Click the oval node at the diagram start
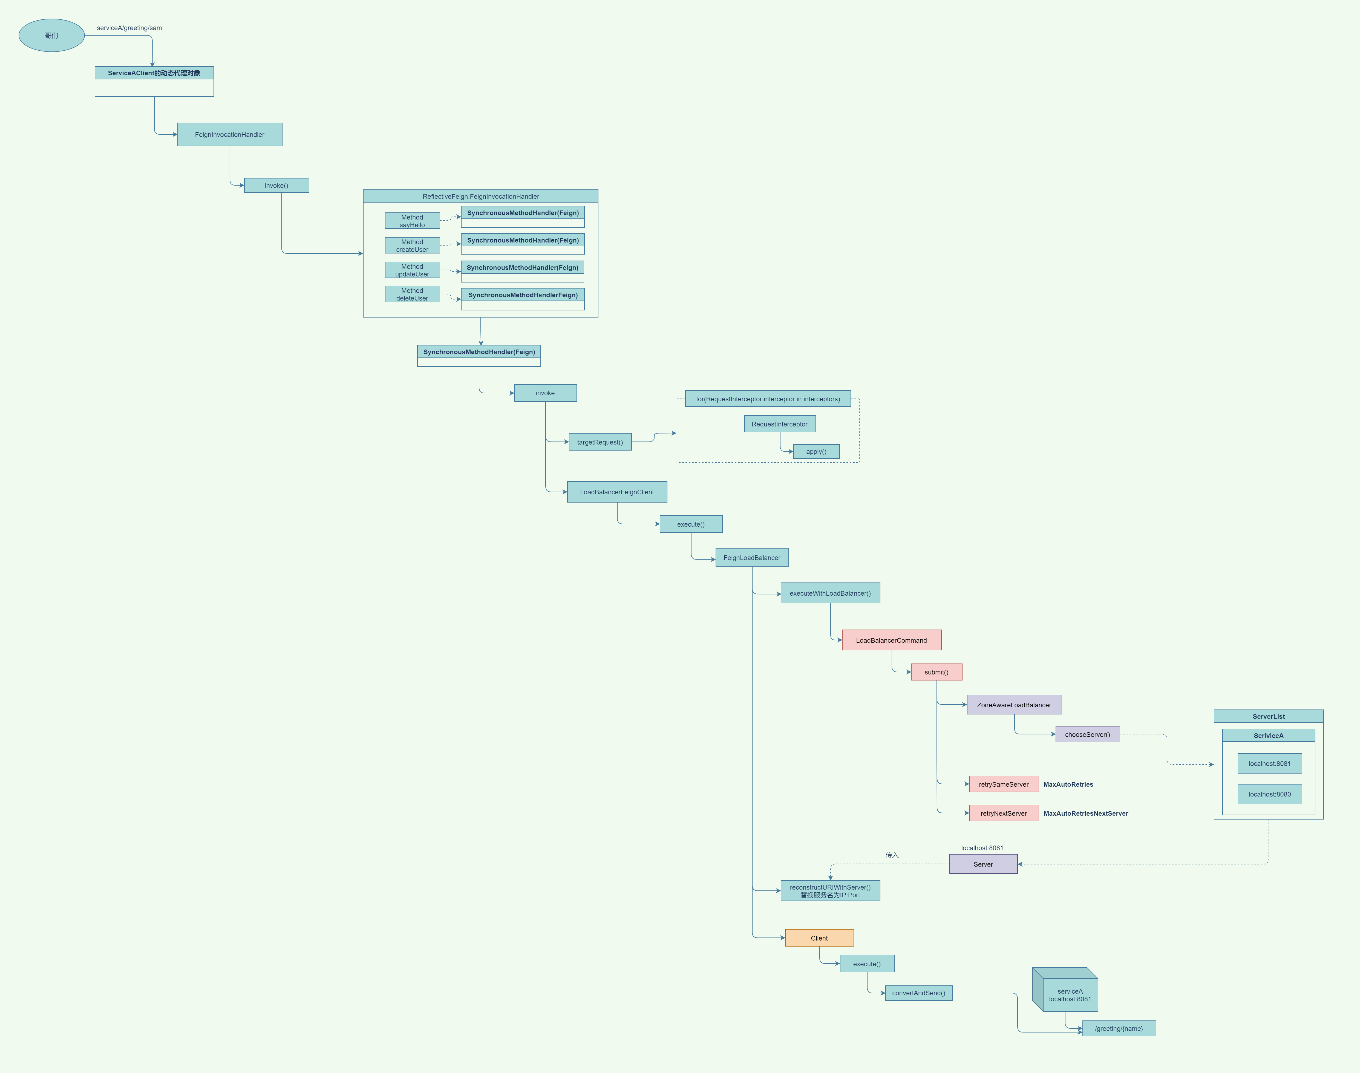(51, 35)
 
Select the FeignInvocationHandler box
(229, 134)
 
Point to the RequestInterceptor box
(780, 424)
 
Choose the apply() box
(816, 452)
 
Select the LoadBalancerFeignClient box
(617, 492)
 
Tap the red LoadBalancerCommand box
(891, 640)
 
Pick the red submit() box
(936, 672)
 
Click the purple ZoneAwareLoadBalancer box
(1014, 705)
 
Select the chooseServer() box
(1087, 734)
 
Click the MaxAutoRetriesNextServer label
(1085, 814)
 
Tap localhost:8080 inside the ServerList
(1270, 794)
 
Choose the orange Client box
(819, 938)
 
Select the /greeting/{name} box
(1119, 1028)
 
